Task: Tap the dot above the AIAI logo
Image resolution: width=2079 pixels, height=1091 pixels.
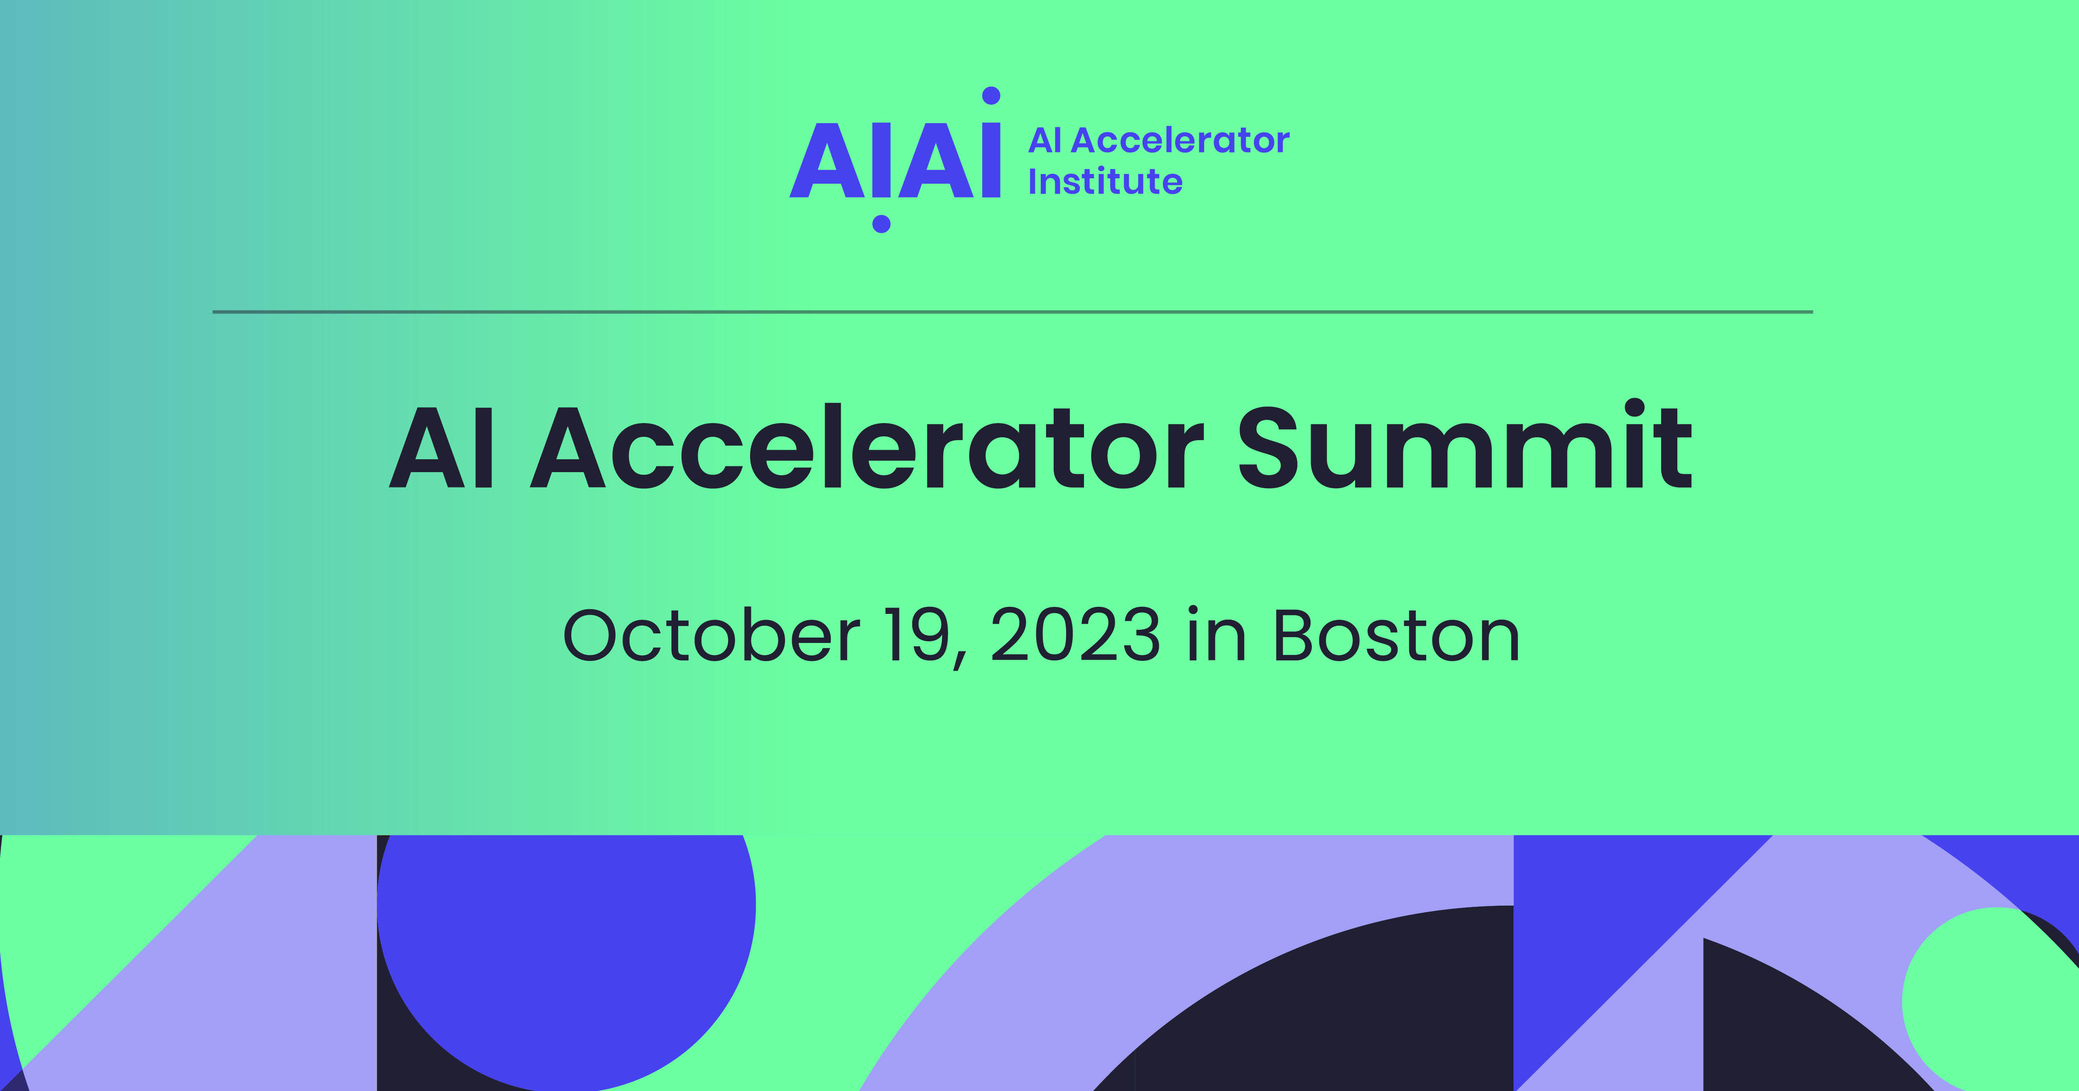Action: [991, 96]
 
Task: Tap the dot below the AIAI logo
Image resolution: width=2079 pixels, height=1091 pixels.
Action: [881, 224]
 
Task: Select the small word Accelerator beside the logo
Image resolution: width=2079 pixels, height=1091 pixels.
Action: [1180, 140]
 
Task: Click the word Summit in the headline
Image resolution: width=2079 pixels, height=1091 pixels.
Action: [1465, 446]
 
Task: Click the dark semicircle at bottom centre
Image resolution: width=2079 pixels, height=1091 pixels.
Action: [1323, 1009]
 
